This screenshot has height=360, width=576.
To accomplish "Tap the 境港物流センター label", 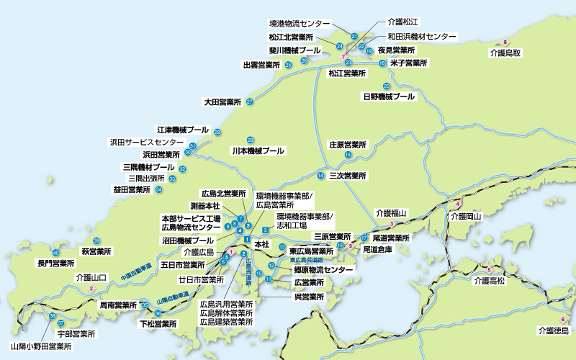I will tap(300, 23).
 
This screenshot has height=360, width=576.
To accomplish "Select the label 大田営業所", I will tap(222, 102).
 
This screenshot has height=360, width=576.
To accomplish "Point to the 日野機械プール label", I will tap(389, 96).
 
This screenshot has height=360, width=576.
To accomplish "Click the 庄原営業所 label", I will tap(348, 145).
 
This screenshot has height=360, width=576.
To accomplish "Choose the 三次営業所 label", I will tap(348, 176).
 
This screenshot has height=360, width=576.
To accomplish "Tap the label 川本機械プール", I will tap(258, 151).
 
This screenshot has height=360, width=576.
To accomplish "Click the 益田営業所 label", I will tap(132, 189).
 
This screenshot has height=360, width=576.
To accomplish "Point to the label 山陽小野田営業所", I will tap(41, 346).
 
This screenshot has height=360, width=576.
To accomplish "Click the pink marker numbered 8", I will tap(506, 42).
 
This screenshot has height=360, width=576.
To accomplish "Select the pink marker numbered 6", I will tap(563, 319).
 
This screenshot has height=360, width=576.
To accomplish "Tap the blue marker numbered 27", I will tap(249, 102).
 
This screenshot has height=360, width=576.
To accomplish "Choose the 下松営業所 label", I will tap(158, 324).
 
